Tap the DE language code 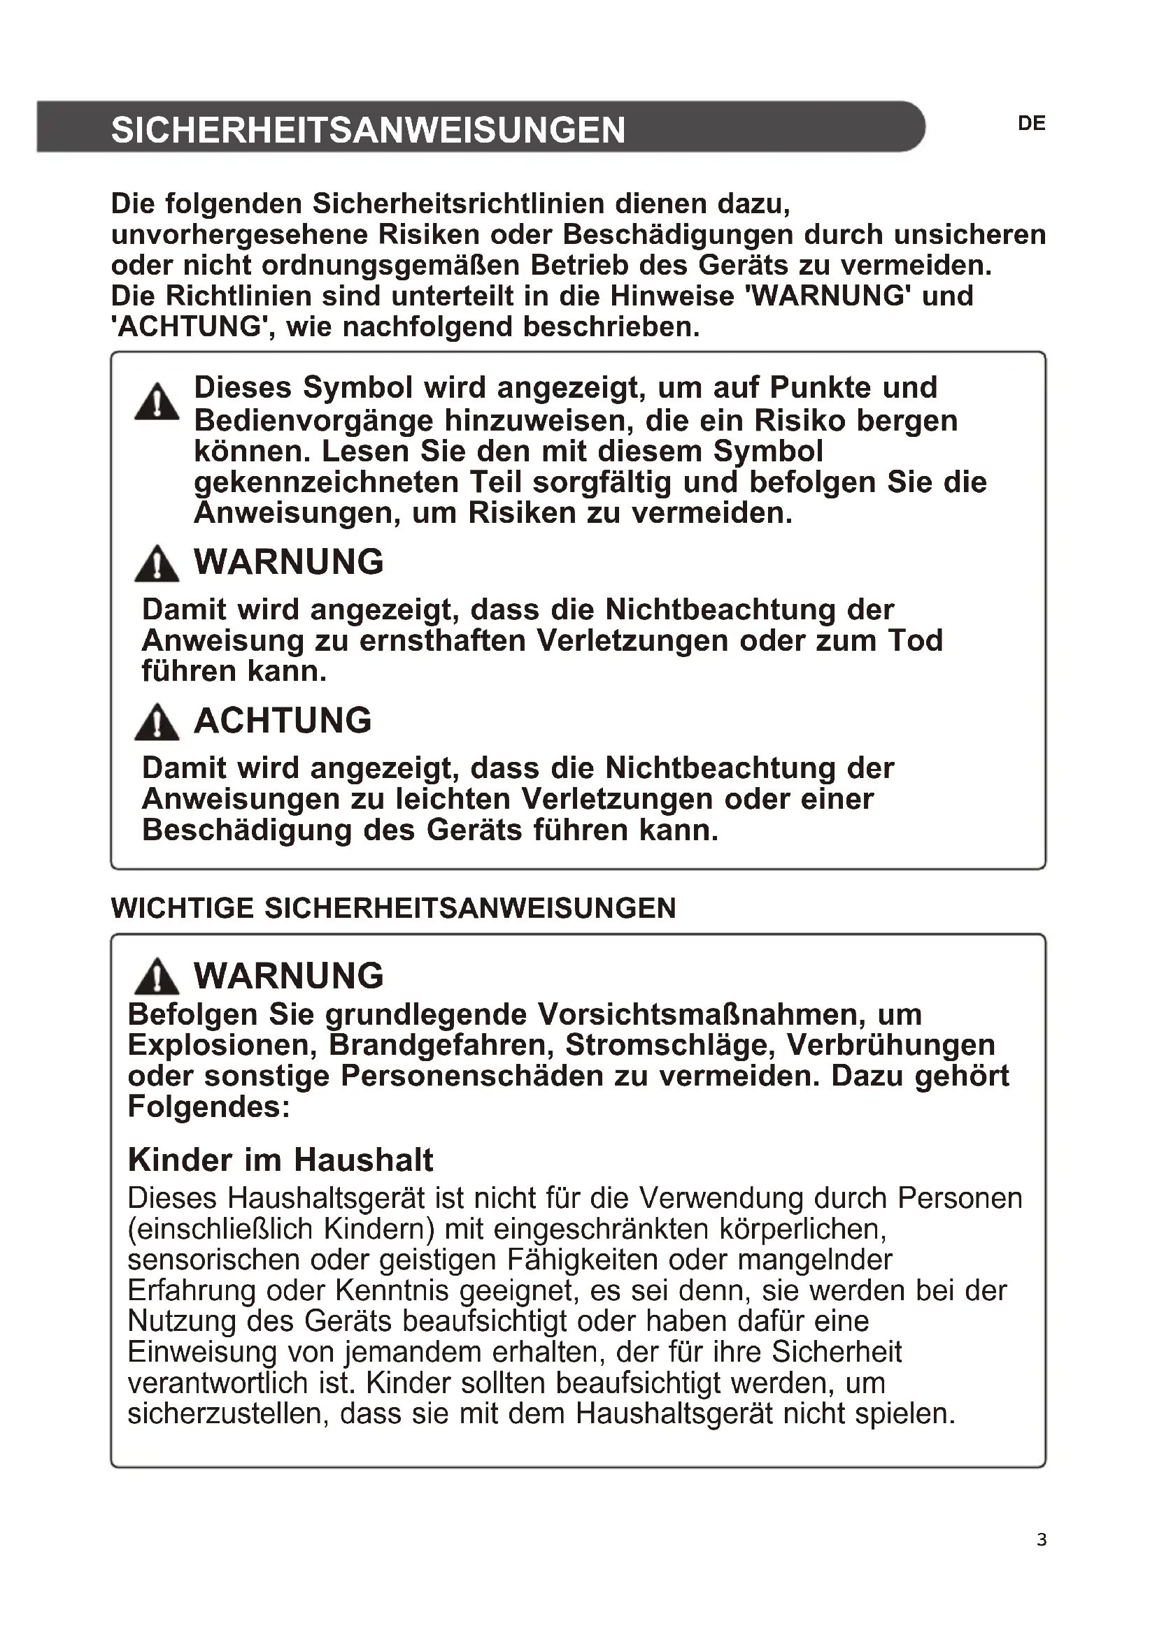point(1032,124)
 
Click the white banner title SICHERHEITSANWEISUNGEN point(368,129)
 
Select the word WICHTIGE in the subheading point(183,909)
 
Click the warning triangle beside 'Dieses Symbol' point(157,403)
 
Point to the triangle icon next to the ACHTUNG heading point(157,722)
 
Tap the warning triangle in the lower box point(157,977)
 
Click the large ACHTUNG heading point(283,721)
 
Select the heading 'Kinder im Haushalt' point(280,1160)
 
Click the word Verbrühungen point(890,1045)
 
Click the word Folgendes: point(208,1107)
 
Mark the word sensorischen point(214,1260)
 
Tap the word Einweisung point(202,1353)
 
